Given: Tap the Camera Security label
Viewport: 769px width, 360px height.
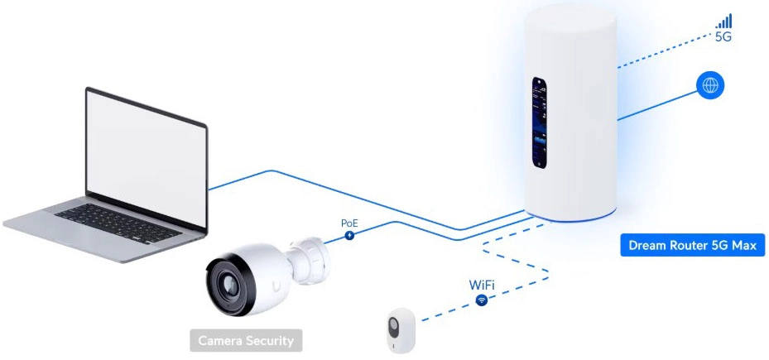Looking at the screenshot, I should tap(245, 339).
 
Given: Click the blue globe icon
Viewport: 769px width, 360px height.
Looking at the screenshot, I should tap(710, 85).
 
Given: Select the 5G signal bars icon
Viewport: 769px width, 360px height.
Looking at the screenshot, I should tap(724, 22).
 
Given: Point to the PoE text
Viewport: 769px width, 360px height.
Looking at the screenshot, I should tap(350, 223).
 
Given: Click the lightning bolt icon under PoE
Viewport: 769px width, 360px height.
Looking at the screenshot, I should tap(350, 236).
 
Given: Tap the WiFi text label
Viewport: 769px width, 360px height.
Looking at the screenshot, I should tap(482, 285).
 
